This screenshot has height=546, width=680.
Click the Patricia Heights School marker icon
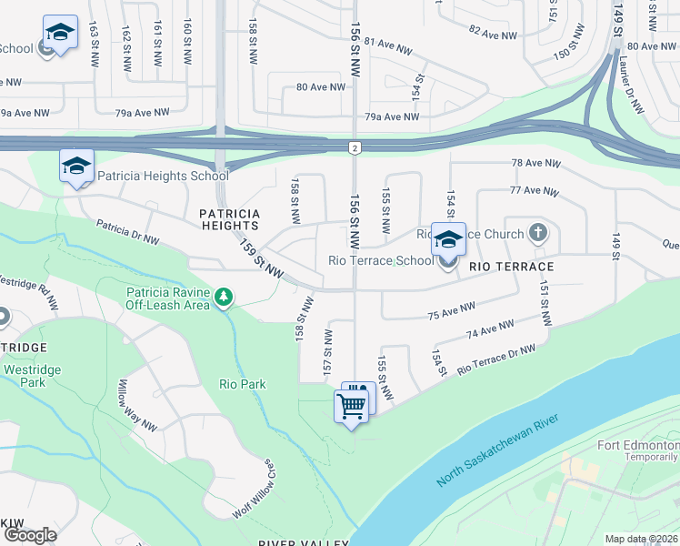tap(77, 167)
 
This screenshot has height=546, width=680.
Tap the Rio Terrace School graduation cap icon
tap(447, 240)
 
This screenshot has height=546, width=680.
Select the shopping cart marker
tap(351, 406)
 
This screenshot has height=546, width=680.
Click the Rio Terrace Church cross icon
tap(538, 233)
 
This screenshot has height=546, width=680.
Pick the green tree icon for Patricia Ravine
tap(222, 297)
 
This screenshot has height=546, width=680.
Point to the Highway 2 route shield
tap(354, 147)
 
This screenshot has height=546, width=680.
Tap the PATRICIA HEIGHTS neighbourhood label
tap(230, 219)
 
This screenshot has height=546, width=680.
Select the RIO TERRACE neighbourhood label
tap(512, 267)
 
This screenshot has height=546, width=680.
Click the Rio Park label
tap(243, 384)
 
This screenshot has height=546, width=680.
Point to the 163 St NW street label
tap(93, 45)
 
